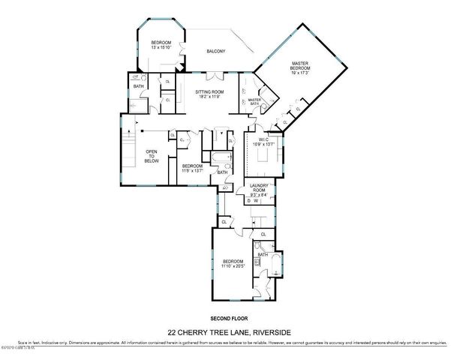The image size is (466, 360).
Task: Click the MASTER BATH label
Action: click(254, 100)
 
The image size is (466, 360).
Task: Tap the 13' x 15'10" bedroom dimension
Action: click(161, 47)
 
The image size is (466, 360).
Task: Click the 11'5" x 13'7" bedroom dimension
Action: click(192, 170)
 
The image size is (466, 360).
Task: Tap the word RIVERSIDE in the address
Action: click(271, 332)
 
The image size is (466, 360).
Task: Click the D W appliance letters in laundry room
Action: click(254, 200)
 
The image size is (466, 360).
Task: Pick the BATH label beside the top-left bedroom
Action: click(138, 86)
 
